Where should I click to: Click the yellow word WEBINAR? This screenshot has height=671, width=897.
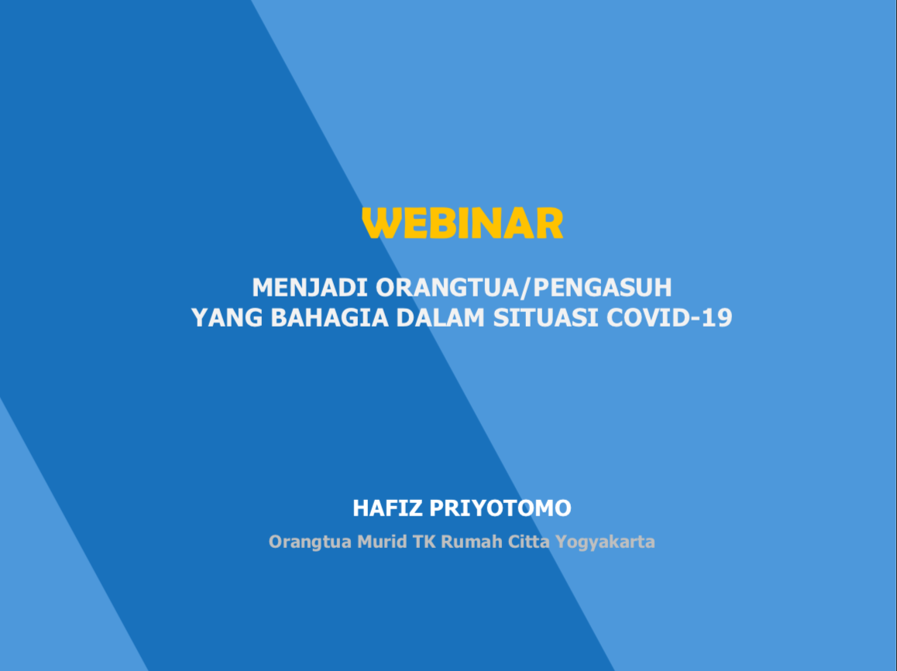(462, 223)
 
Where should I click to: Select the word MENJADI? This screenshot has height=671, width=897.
(310, 287)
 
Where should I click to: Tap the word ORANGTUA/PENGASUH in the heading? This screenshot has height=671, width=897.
(524, 287)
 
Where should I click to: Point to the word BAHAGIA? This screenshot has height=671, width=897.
(329, 318)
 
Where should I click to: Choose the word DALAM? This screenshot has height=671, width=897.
(441, 318)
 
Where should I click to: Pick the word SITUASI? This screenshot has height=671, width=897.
(546, 318)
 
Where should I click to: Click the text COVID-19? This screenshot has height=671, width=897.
(669, 318)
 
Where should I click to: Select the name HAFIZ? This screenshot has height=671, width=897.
(387, 508)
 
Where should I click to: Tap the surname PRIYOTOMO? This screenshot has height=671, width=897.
(500, 508)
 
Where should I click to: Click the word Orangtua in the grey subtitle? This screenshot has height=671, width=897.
(310, 542)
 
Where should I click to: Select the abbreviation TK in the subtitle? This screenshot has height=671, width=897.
(424, 541)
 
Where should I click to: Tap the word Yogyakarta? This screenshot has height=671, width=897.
(605, 542)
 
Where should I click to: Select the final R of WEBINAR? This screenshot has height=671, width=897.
(550, 223)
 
